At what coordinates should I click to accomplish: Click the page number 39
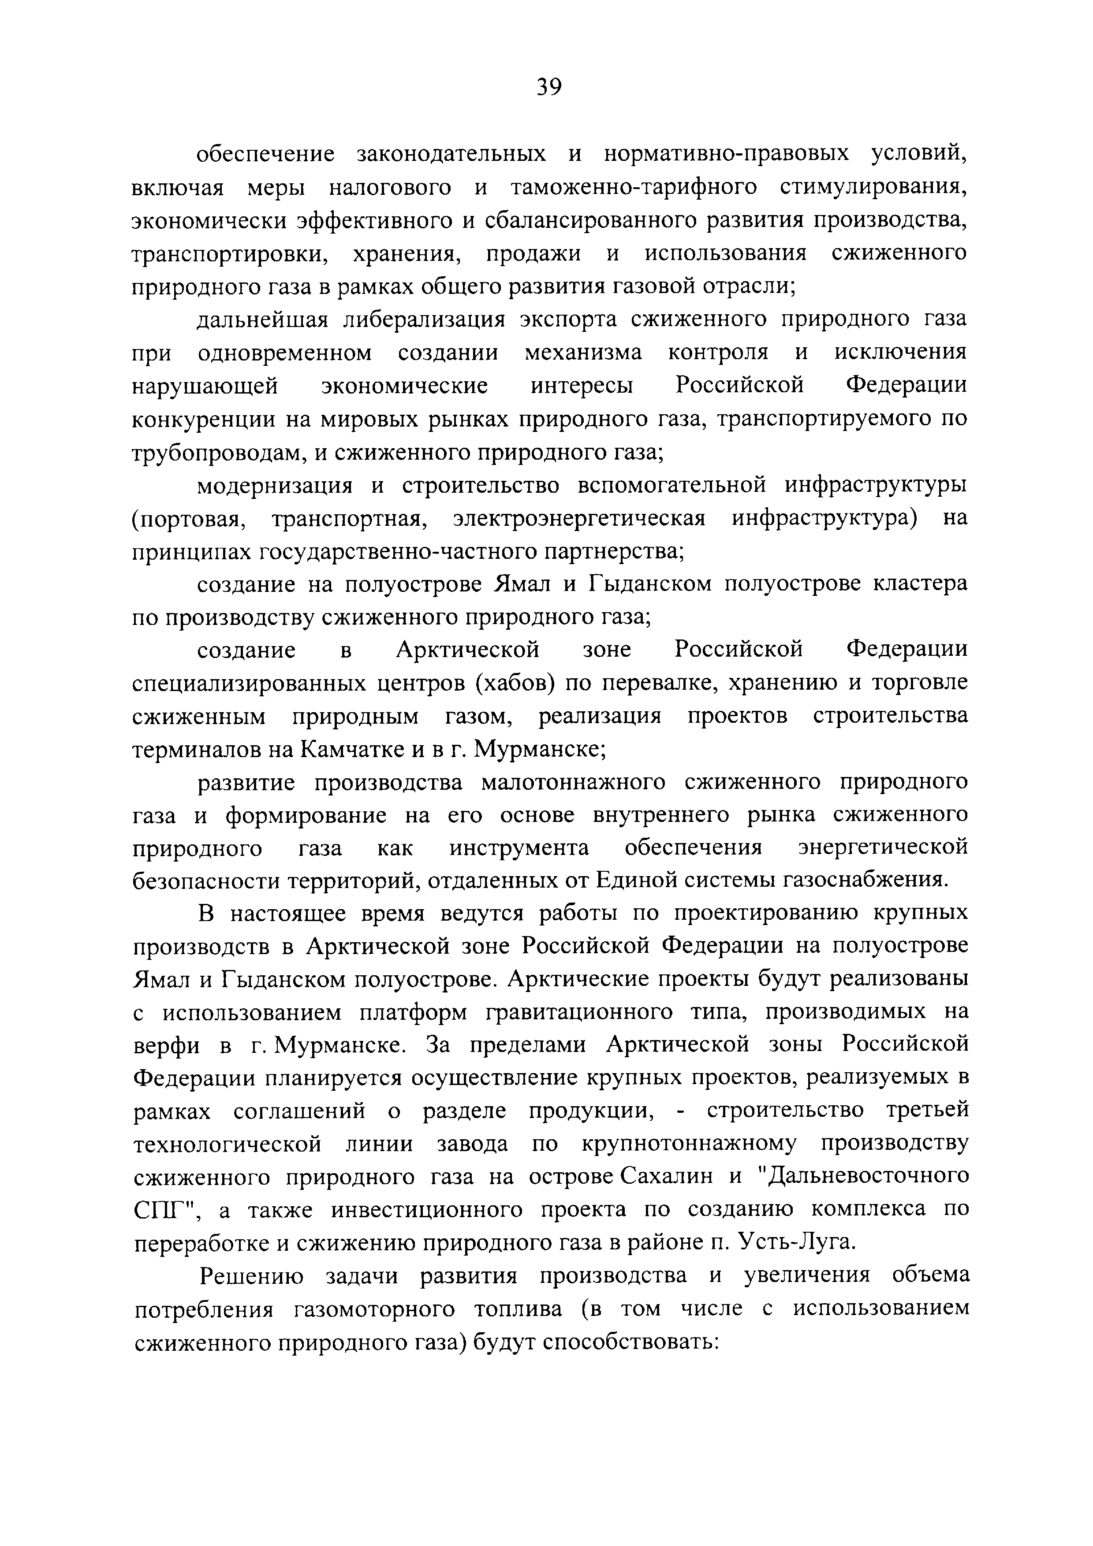pos(549,87)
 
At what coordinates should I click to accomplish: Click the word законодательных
pos(451,154)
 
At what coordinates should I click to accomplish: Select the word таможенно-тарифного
pos(634,187)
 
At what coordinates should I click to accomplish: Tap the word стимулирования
pos(873,187)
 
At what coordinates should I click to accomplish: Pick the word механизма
pos(583,352)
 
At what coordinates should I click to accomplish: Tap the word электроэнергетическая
pos(579,518)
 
